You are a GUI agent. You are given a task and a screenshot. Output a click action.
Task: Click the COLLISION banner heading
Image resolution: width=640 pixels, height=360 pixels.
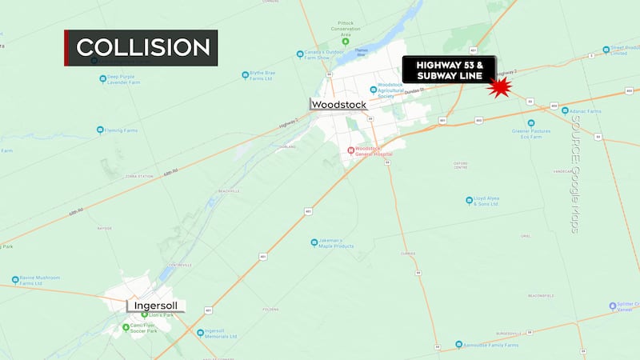click(x=143, y=47)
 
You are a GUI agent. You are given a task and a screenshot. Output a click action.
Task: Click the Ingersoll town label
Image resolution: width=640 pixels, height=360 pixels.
click(x=156, y=306)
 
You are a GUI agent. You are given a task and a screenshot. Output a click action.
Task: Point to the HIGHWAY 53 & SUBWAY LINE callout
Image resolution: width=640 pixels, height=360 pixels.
click(x=449, y=70)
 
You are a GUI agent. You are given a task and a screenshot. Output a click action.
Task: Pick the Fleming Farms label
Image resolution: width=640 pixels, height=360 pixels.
click(x=122, y=130)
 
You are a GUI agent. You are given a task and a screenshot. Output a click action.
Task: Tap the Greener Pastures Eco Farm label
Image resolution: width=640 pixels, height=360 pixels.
click(x=532, y=132)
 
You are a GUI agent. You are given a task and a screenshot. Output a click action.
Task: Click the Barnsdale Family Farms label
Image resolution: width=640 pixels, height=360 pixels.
click(x=490, y=346)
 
